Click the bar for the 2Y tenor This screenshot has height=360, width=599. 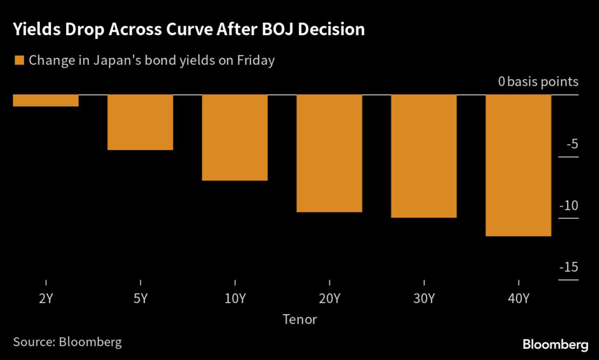coord(46,101)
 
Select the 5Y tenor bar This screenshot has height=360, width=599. coord(140,122)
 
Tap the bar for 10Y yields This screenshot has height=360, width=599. coord(235,138)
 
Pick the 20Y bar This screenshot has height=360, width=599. coord(329,153)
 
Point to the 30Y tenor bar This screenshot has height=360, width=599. coord(424,156)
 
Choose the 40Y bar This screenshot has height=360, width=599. coord(518,166)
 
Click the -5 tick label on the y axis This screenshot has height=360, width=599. coord(571,144)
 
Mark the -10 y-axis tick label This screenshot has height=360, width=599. coord(568,205)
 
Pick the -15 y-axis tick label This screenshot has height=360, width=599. coord(568,268)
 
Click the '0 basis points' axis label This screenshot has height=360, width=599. coord(538,82)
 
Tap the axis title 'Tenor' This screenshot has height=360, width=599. coord(299,319)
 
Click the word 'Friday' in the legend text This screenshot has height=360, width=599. coord(256,60)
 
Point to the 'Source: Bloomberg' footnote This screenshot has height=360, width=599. coord(67,342)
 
